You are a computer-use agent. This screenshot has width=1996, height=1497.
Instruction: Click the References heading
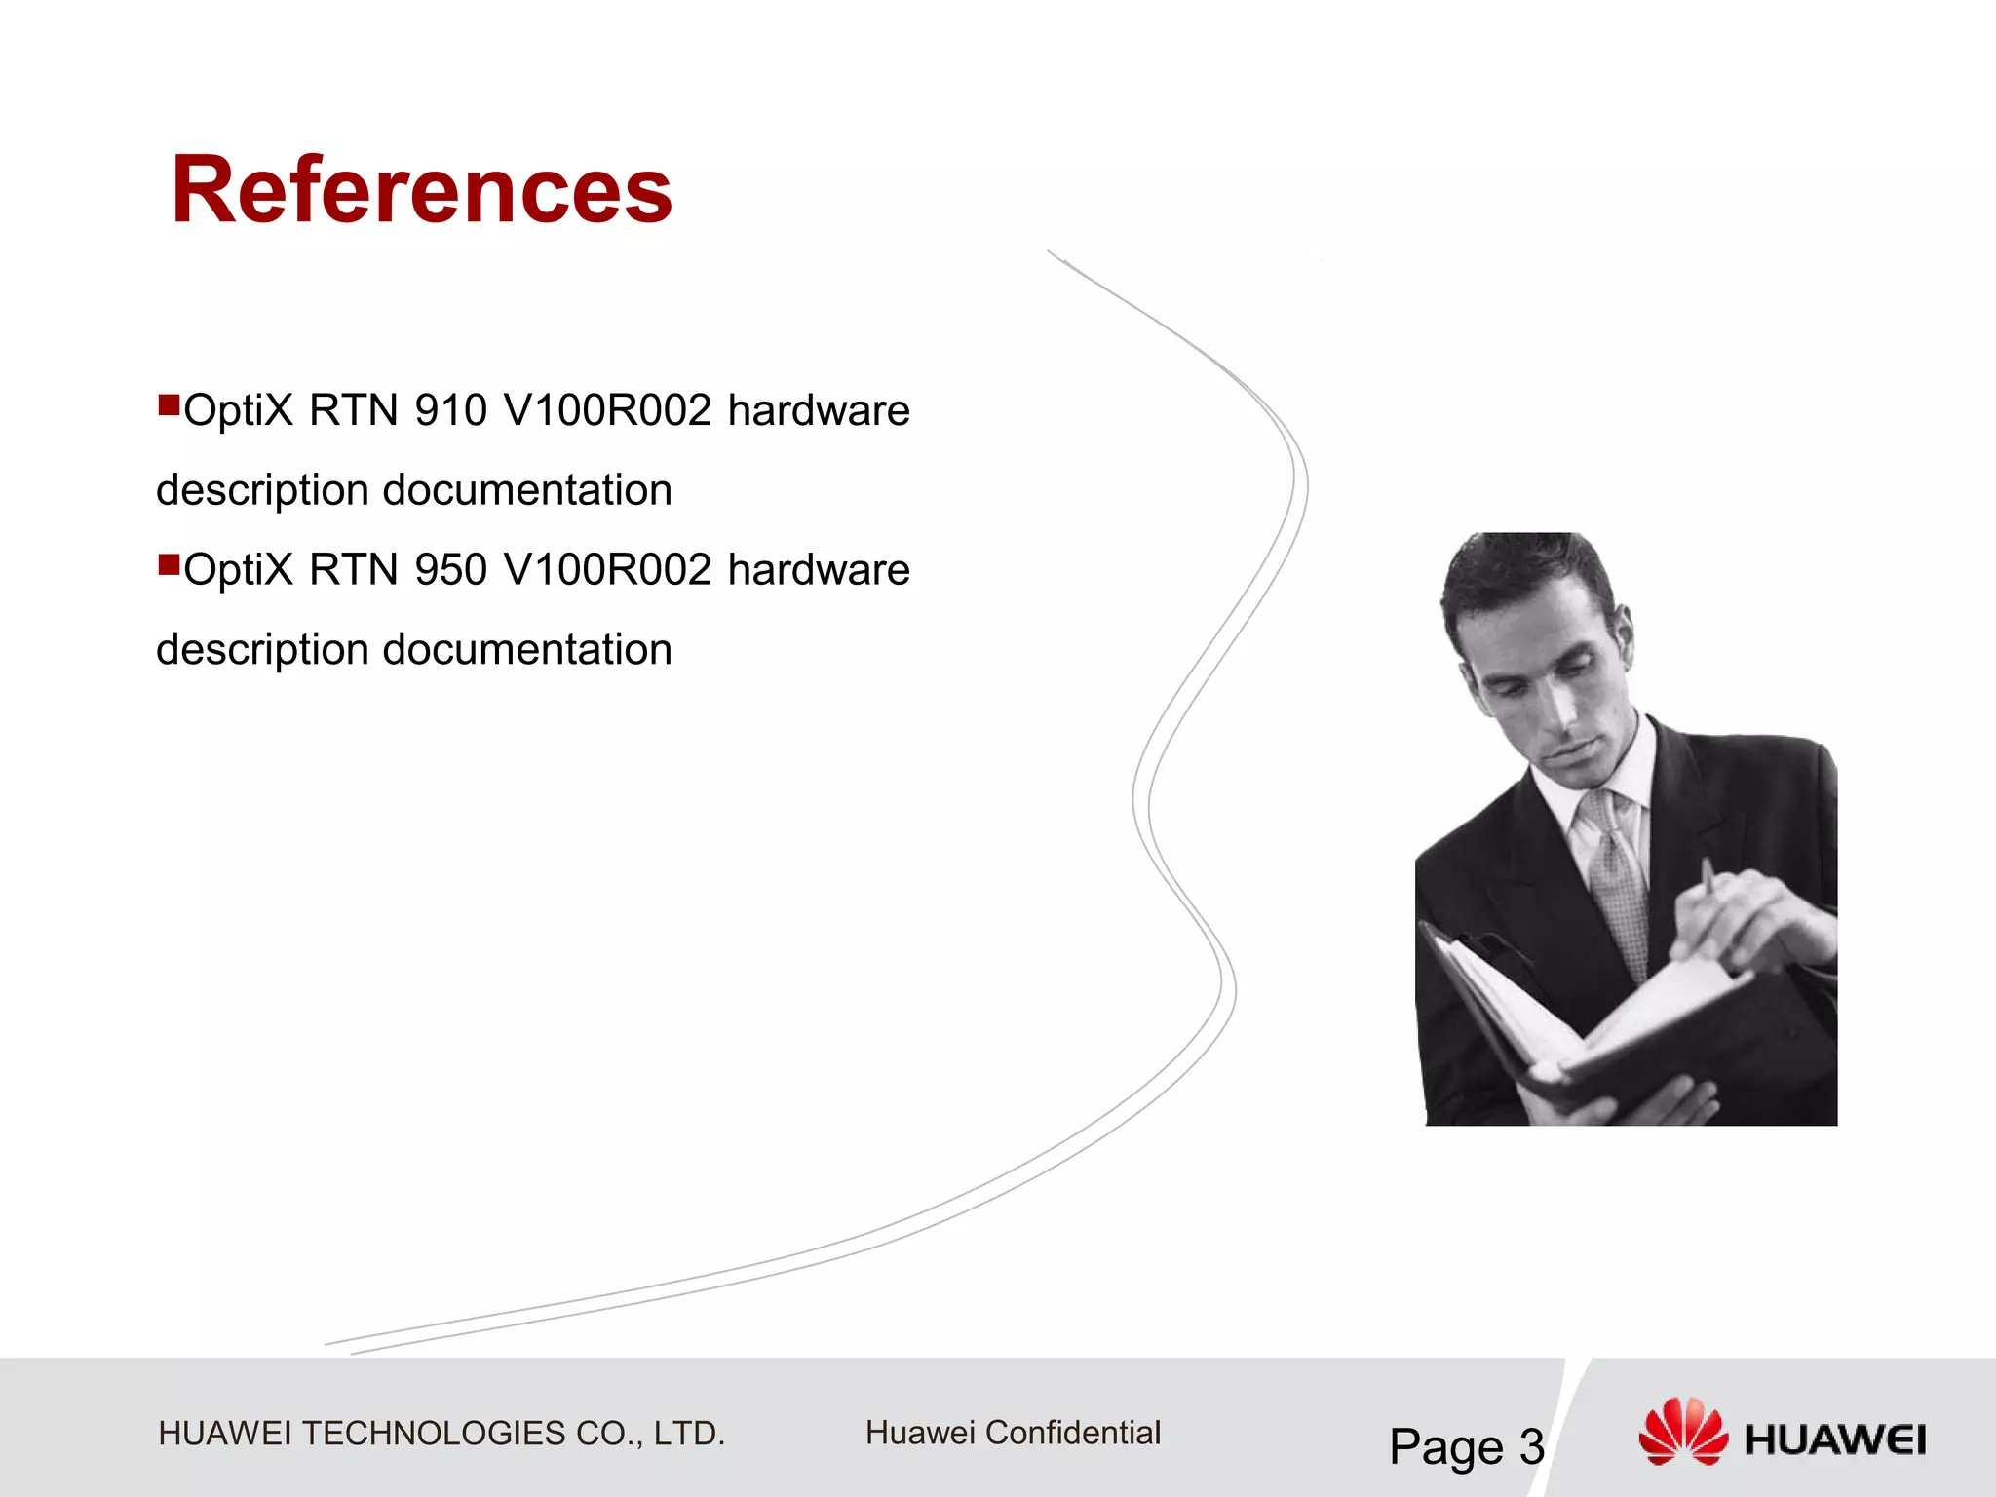[421, 190]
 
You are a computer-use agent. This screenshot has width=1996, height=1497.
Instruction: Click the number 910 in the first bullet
[450, 410]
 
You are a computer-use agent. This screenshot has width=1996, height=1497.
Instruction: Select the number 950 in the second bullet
[450, 570]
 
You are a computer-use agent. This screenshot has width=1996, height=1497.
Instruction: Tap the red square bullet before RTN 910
[169, 403]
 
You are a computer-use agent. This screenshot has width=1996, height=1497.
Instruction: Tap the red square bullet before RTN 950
[169, 563]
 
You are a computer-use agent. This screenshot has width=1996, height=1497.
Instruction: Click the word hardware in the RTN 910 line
[819, 410]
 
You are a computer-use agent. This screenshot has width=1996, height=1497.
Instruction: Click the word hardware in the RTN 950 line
[819, 570]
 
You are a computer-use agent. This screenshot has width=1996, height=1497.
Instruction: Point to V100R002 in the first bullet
[607, 410]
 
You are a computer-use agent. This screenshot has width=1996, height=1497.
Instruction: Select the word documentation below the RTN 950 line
[527, 650]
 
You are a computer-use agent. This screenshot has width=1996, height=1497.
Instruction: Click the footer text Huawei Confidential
[1013, 1433]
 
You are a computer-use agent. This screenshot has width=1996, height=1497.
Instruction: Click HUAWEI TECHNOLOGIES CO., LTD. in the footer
[441, 1434]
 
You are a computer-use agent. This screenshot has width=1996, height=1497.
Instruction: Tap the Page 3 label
[1466, 1446]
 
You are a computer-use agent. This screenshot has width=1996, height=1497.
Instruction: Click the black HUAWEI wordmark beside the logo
[1834, 1440]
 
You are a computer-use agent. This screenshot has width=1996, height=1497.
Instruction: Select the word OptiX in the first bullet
[238, 410]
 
